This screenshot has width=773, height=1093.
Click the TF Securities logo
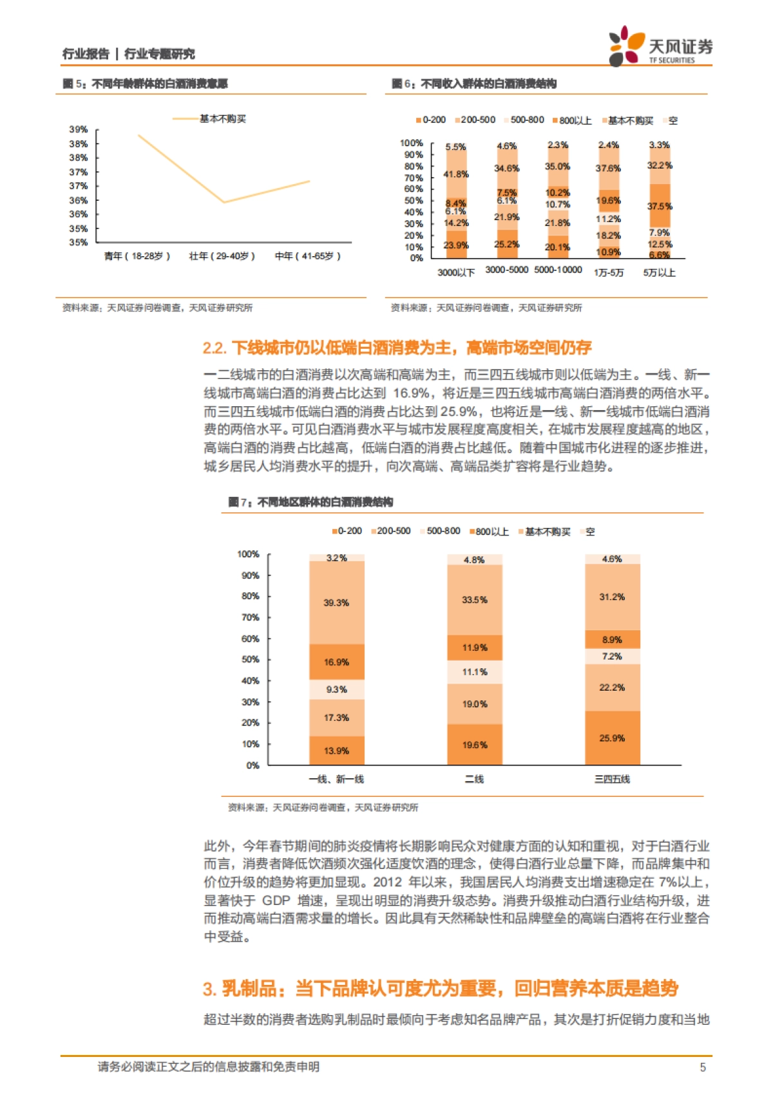coord(660,46)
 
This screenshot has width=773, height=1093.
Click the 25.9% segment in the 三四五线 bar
coord(612,738)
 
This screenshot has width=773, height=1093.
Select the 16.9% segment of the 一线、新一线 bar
coord(336,662)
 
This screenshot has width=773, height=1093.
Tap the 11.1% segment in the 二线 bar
coord(475,672)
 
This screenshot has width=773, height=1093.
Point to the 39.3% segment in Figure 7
coord(336,603)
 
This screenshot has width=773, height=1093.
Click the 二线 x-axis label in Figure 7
coord(475,779)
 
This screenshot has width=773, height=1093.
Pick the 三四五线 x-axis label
coord(612,779)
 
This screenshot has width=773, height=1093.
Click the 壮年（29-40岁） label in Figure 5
coord(222,256)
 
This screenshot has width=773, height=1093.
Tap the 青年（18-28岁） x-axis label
coord(137,256)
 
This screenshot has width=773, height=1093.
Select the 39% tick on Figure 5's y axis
coord(79,129)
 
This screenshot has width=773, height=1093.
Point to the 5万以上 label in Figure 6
coord(659,273)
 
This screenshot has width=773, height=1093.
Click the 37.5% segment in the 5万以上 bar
coord(660,206)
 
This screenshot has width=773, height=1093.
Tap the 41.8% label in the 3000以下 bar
coord(456,174)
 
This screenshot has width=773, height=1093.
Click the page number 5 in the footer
coord(703,1067)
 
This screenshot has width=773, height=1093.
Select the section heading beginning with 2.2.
coord(397,348)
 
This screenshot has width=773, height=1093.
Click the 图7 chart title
coord(310,502)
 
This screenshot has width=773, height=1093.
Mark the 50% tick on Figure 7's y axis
coord(250,660)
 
